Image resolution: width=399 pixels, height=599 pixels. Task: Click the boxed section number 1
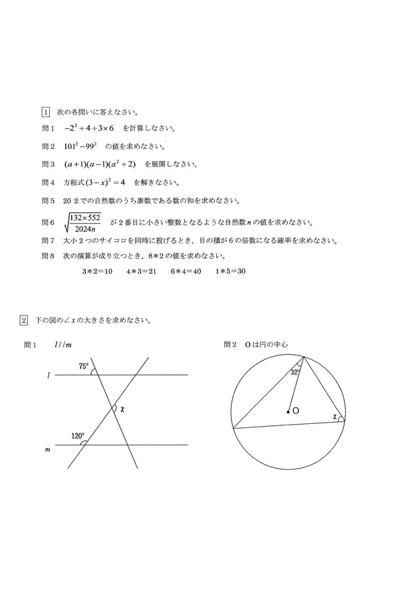click(45, 112)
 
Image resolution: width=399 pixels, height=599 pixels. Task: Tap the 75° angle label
click(83, 366)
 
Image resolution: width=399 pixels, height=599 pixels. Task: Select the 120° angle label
click(78, 437)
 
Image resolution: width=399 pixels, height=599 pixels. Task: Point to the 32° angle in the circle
click(295, 373)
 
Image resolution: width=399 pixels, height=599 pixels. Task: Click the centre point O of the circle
click(288, 413)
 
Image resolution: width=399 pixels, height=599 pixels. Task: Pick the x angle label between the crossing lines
click(123, 409)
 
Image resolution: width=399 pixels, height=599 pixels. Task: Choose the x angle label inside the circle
click(334, 417)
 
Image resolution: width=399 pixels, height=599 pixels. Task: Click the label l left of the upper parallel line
click(49, 377)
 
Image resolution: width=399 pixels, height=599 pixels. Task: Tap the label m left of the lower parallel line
click(47, 451)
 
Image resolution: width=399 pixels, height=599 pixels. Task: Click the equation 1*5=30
click(231, 272)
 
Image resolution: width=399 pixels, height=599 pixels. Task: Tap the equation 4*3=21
click(141, 272)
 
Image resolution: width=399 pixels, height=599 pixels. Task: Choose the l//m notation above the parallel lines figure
click(64, 345)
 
